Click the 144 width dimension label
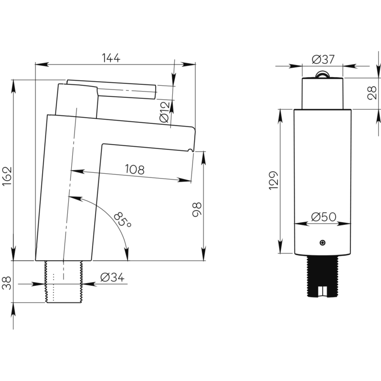pos(110,58)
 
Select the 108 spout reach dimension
pos(134,169)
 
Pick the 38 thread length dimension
pos(7,282)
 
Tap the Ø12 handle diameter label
pos(164,112)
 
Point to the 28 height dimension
pos(372,93)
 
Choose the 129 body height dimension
pos(274,180)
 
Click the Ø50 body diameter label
pos(323,217)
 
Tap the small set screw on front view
pos(323,243)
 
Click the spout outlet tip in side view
pos(190,150)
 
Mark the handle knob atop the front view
pos(323,74)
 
